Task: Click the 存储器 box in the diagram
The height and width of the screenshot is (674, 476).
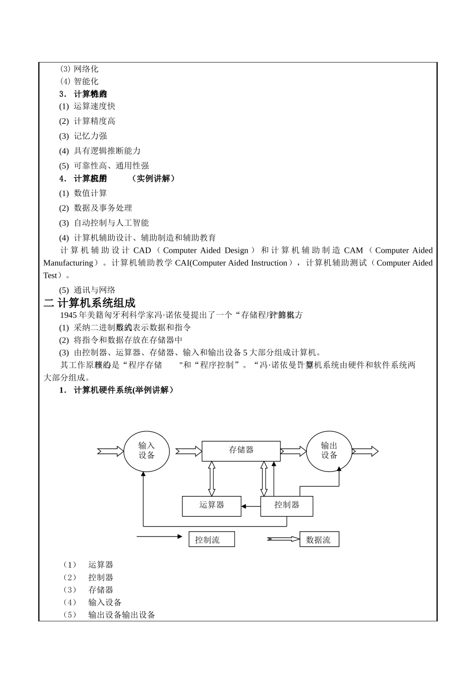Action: tap(241, 451)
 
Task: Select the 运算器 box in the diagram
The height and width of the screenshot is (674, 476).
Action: tap(211, 505)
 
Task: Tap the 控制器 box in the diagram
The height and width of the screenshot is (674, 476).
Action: tap(287, 505)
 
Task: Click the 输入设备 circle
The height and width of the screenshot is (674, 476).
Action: tap(147, 451)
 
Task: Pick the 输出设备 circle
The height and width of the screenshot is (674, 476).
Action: tap(329, 451)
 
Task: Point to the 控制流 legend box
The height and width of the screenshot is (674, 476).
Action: tap(211, 540)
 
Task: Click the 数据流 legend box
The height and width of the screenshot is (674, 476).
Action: tap(319, 540)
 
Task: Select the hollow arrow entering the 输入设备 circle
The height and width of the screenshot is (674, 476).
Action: tap(110, 451)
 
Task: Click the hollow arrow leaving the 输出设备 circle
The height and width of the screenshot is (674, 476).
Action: tap(366, 451)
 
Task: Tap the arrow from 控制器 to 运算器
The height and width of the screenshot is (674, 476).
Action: tap(251, 506)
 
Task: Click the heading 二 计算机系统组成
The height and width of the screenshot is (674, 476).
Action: tap(90, 303)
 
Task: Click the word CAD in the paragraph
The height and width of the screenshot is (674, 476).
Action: tap(142, 250)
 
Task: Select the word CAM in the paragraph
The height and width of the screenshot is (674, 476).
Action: tap(353, 250)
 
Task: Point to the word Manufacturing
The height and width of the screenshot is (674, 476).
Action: tap(68, 263)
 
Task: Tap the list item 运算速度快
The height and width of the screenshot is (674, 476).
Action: tap(94, 106)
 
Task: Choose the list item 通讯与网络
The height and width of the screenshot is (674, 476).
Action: tap(94, 290)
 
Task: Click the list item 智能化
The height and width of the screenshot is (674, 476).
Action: tap(86, 81)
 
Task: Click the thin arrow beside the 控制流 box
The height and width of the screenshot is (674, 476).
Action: tap(159, 537)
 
